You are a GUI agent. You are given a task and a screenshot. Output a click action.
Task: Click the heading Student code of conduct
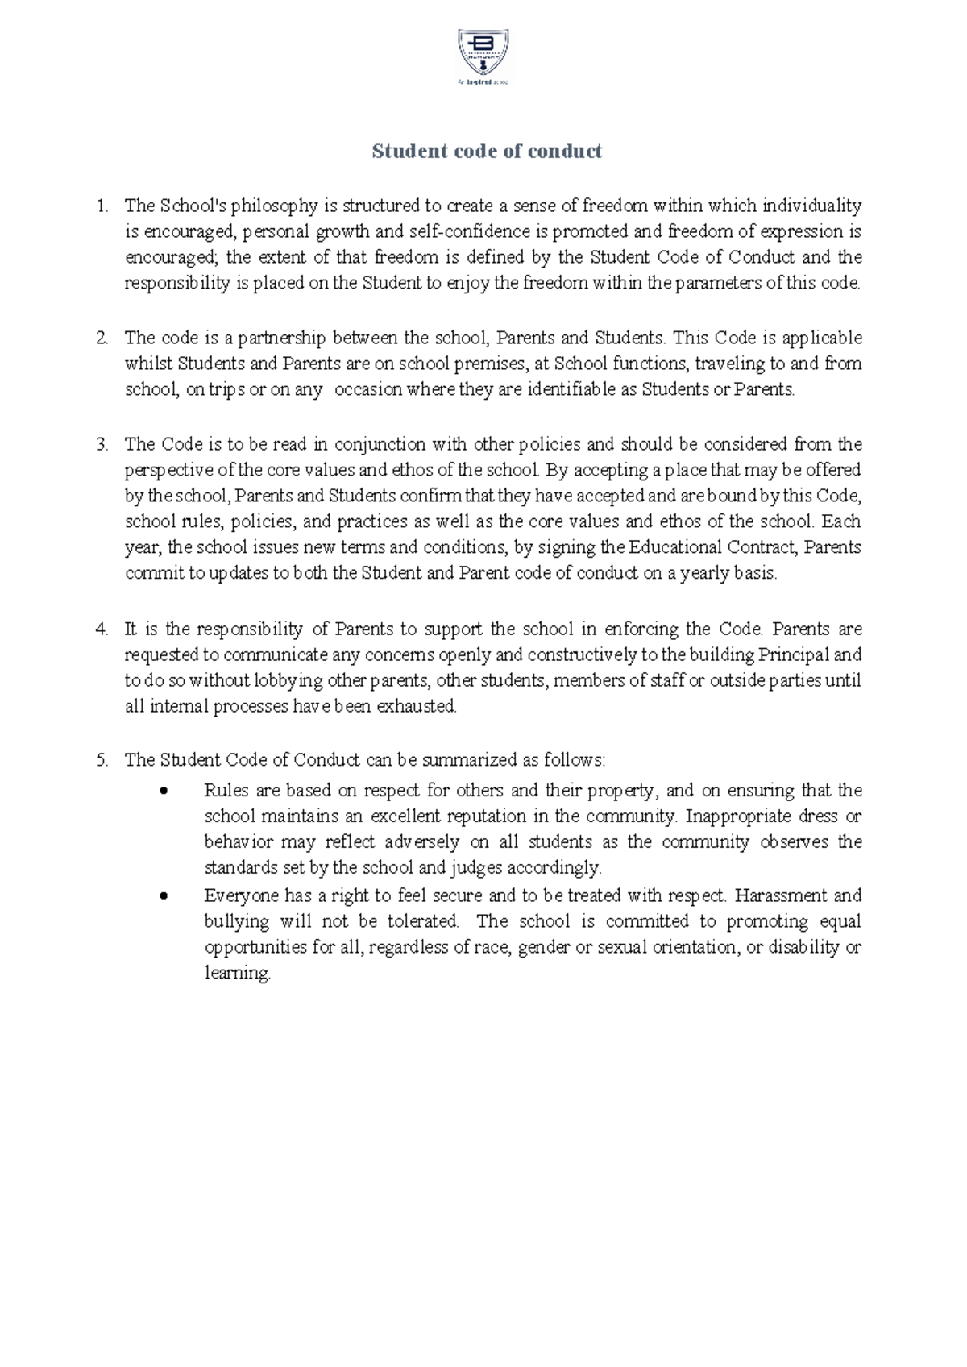click(487, 152)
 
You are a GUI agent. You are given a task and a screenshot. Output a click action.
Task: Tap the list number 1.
click(102, 206)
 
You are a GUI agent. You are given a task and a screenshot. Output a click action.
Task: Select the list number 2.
click(102, 339)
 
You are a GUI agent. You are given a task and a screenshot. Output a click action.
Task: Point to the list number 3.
click(102, 445)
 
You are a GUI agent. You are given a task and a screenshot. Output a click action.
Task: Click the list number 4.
click(102, 629)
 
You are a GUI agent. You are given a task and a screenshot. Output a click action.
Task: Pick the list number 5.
click(102, 760)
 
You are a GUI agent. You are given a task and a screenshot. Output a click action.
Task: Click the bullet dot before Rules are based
click(164, 791)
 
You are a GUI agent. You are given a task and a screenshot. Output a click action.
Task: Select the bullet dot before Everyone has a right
click(164, 896)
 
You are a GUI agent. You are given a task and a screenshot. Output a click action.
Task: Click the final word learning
click(236, 974)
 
